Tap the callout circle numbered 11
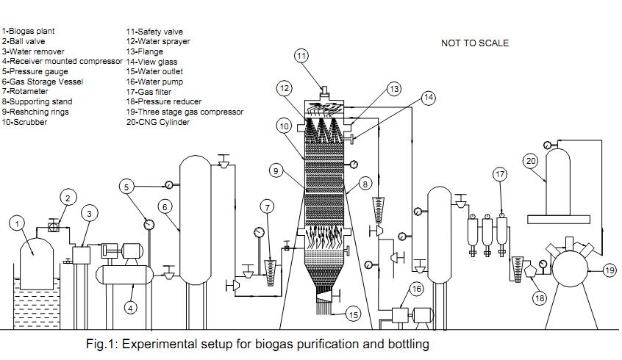pyautogui.click(x=302, y=56)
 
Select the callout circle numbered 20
pyautogui.click(x=531, y=159)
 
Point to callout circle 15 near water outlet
pyautogui.click(x=354, y=315)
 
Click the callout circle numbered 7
pyautogui.click(x=268, y=208)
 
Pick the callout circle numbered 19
pyautogui.click(x=610, y=271)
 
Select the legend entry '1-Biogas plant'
pyautogui.click(x=28, y=32)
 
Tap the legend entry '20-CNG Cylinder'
pyautogui.click(x=158, y=122)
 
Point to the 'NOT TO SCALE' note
pyautogui.click(x=474, y=43)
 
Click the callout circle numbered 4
pyautogui.click(x=130, y=309)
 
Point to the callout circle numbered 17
pyautogui.click(x=500, y=175)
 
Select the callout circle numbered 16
pyautogui.click(x=417, y=289)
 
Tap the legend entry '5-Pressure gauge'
pyautogui.click(x=35, y=72)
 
